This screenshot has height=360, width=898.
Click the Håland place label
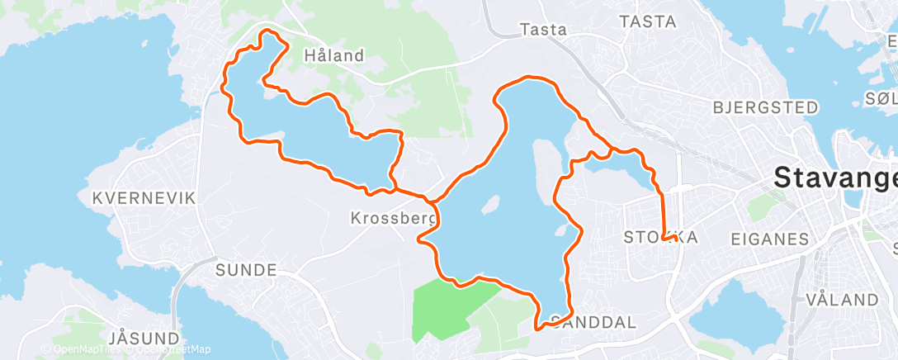click(333, 56)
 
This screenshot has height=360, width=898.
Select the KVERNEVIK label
click(144, 198)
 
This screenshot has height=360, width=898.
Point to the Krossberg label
click(389, 219)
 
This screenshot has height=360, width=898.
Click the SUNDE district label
click(245, 269)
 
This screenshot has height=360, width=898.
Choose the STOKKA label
click(660, 238)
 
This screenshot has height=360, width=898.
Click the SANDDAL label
click(593, 322)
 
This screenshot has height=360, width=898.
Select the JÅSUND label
click(144, 338)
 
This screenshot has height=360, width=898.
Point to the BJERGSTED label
click(765, 107)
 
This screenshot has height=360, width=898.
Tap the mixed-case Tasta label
click(544, 30)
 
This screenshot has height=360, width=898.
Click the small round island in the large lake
click(490, 203)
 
